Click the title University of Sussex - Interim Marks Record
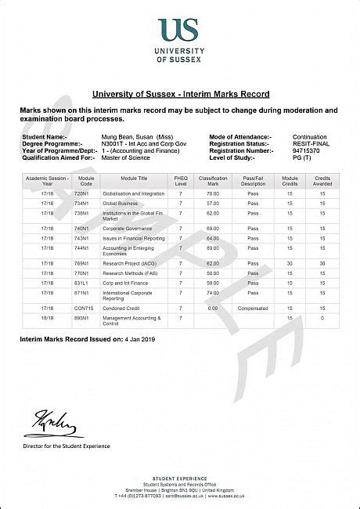click(x=181, y=94)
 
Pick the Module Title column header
click(x=126, y=181)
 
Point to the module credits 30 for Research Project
click(x=290, y=263)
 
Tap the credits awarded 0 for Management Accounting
click(x=322, y=318)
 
